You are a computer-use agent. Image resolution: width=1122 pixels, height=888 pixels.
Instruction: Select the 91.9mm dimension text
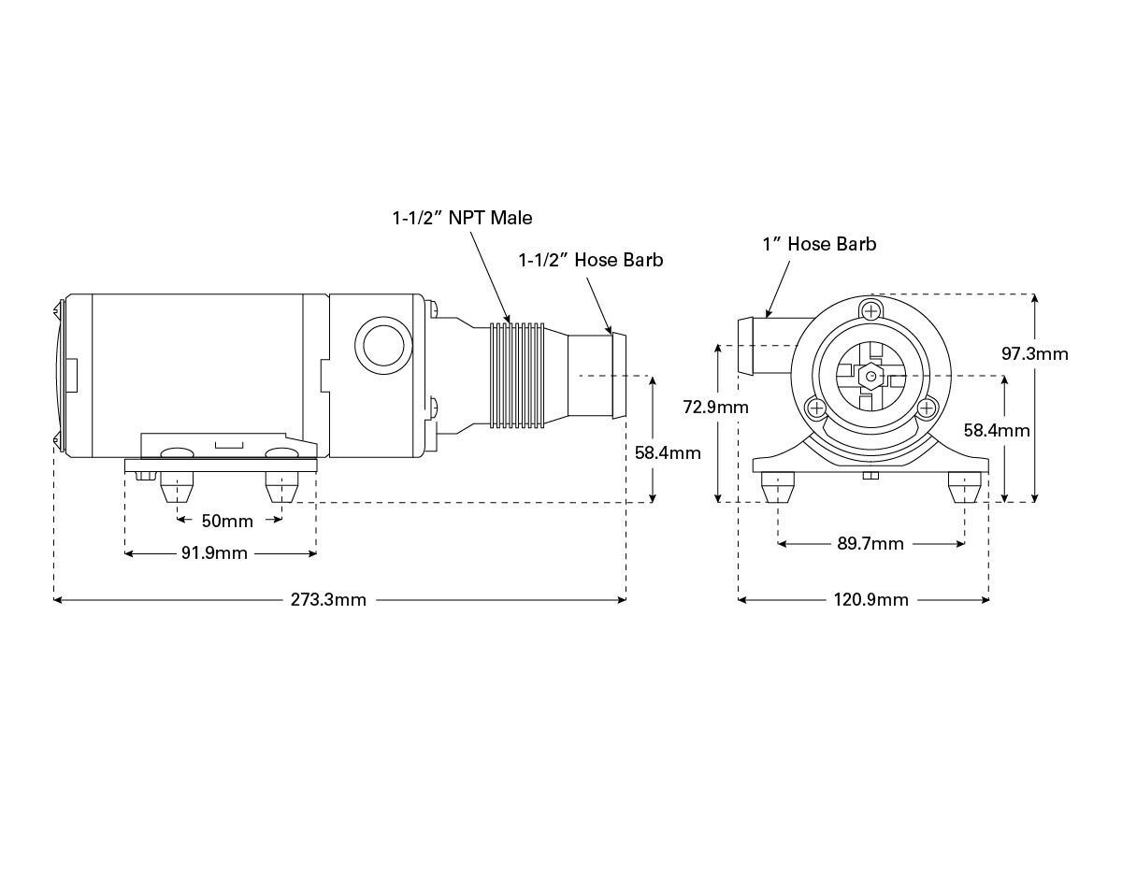(x=214, y=553)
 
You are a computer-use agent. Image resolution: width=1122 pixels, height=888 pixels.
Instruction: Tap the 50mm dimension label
(x=228, y=520)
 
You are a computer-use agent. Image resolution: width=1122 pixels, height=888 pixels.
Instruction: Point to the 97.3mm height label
(x=1034, y=353)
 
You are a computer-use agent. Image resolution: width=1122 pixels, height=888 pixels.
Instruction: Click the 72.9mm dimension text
(x=716, y=407)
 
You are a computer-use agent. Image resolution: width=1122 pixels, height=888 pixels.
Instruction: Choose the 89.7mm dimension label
(x=870, y=543)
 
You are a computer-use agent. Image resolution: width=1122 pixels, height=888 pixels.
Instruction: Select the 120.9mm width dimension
(x=870, y=600)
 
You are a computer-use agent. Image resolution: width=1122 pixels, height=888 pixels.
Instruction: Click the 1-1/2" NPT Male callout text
(x=462, y=218)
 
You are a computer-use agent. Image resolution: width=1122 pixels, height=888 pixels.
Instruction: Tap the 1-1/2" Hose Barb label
(x=591, y=260)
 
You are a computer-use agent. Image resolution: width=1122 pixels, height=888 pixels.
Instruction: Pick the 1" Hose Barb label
(x=819, y=244)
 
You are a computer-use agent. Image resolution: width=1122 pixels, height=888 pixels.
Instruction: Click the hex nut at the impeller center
(x=870, y=376)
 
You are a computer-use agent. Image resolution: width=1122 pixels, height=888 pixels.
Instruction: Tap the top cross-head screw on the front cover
(x=871, y=310)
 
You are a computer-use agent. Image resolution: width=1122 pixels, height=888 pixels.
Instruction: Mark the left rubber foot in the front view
(x=778, y=487)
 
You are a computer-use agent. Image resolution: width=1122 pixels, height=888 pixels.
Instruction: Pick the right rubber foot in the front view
(x=964, y=487)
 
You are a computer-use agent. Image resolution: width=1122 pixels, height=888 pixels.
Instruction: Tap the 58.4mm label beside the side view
(x=668, y=453)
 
